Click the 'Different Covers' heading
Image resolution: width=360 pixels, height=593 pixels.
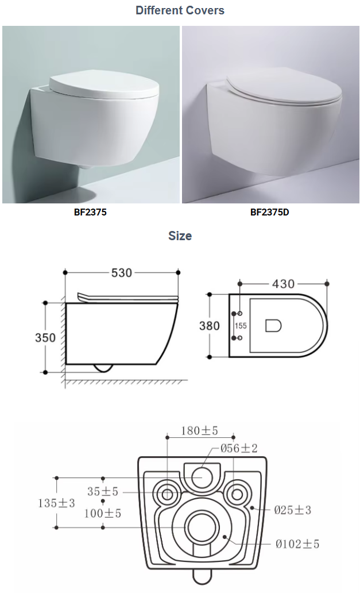point(180,10)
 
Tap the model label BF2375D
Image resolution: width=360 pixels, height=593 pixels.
point(270,212)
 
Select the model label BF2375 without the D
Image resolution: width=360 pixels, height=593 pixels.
point(90,212)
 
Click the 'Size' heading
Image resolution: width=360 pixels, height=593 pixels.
point(180,236)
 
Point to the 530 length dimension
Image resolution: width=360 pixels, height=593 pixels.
point(122,273)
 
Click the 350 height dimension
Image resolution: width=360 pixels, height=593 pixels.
point(45,337)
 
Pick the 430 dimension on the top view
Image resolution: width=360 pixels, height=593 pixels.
point(283,284)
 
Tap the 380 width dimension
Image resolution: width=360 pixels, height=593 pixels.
point(209,326)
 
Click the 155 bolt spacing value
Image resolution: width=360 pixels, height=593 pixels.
point(241,326)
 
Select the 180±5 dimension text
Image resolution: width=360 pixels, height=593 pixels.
point(199,430)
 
